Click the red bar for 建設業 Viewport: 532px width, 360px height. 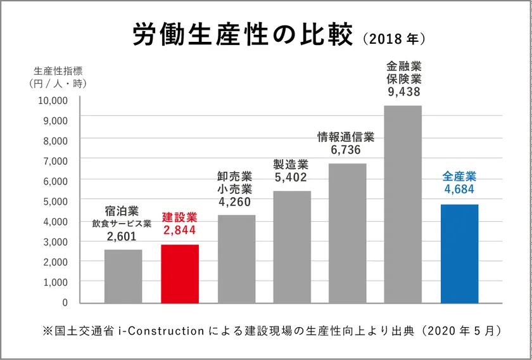pyautogui.click(x=180, y=273)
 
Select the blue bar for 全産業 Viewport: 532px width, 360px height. pyautogui.click(x=459, y=253)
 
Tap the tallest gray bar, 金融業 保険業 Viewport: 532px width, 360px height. pyautogui.click(x=403, y=203)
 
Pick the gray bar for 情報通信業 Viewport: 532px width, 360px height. pyautogui.click(x=347, y=233)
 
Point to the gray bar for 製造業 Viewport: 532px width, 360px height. pyautogui.click(x=291, y=247)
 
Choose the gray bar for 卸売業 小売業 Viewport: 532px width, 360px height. pyautogui.click(x=236, y=259)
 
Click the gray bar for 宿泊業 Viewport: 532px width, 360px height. pyautogui.click(x=123, y=276)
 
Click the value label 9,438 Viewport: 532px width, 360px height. pyautogui.click(x=403, y=91)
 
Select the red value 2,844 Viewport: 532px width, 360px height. pyautogui.click(x=180, y=231)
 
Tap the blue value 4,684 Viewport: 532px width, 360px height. pyautogui.click(x=459, y=189)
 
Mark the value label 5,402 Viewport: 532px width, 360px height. pyautogui.click(x=291, y=177)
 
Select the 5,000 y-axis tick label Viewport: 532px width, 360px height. pyautogui.click(x=55, y=201)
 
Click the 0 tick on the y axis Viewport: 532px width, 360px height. pyautogui.click(x=64, y=302)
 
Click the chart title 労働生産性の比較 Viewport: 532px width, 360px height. pyautogui.click(x=242, y=36)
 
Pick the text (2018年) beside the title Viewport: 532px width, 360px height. pyautogui.click(x=394, y=39)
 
